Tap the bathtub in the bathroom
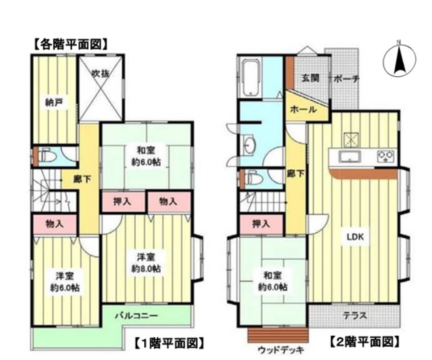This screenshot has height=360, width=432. (250, 78)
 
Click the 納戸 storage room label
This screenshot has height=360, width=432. (52, 103)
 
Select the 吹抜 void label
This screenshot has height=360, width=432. (100, 73)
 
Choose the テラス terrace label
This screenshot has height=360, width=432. (355, 315)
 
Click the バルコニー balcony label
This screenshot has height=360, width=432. (136, 315)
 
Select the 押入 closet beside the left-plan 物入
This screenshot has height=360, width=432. (123, 201)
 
